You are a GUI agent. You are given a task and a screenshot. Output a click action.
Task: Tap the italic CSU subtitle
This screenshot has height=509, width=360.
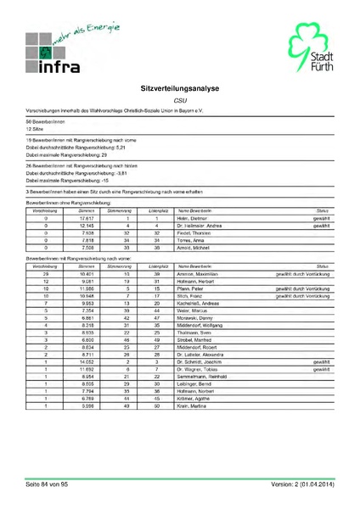tap(180, 100)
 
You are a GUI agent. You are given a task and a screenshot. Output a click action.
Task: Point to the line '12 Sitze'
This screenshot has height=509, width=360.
tap(36, 129)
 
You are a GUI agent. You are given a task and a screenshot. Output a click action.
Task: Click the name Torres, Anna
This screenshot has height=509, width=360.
tap(188, 240)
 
